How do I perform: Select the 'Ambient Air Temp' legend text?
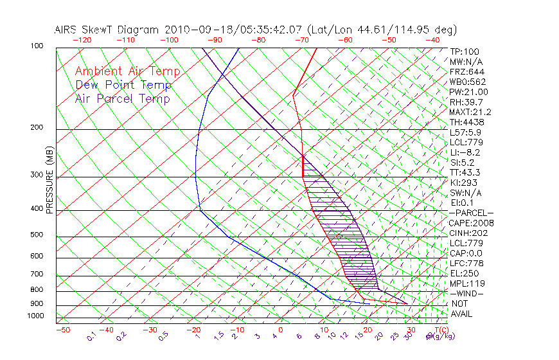[128, 71]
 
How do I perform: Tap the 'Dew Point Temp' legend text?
[123, 85]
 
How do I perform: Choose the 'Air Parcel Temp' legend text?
[123, 98]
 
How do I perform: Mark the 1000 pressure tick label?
[36, 316]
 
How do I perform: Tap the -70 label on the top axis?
[301, 40]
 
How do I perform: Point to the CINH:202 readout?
[467, 233]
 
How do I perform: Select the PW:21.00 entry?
[469, 92]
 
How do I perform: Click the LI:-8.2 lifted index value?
[465, 152]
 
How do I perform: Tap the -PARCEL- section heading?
[471, 213]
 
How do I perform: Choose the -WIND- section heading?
[466, 293]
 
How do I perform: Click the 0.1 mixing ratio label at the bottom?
[91, 336]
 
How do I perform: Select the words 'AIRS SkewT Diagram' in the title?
[107, 30]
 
